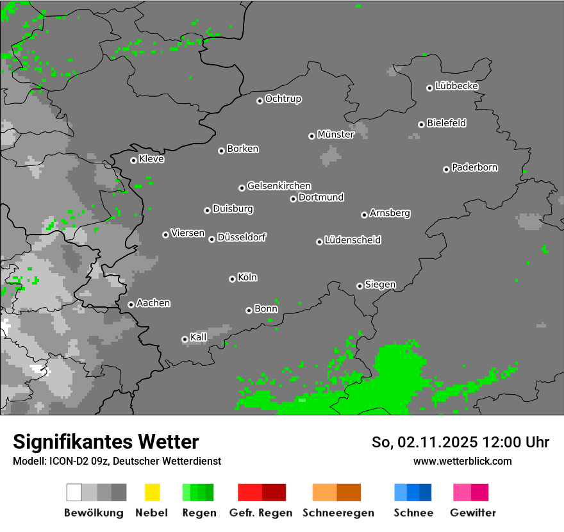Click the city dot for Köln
232,279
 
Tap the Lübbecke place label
456,86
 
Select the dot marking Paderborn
446,169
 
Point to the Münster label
336,135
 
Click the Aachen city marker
131,304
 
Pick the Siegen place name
380,285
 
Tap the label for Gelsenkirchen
279,186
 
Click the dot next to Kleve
133,160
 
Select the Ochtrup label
283,99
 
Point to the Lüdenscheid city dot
319,242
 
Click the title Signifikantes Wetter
106,442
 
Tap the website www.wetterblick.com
462,461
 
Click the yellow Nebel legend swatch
152,492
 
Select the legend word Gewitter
472,513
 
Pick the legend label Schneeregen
338,513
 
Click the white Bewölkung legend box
74,492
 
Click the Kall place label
199,337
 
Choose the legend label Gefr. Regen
261,513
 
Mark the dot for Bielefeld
421,124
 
